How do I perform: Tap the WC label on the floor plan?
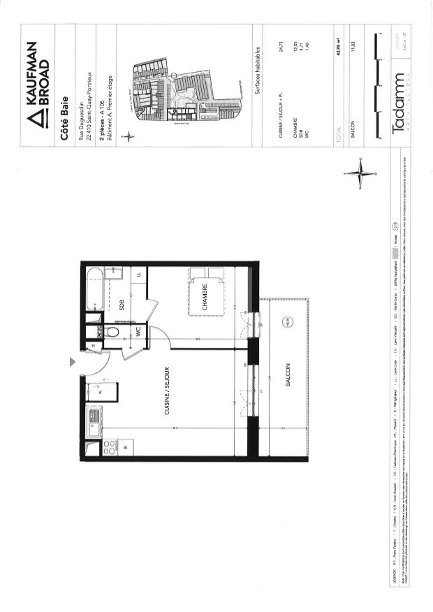pyautogui.click(x=138, y=333)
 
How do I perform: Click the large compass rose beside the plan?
pyautogui.click(x=362, y=171)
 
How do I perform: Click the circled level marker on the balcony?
pyautogui.click(x=287, y=322)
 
